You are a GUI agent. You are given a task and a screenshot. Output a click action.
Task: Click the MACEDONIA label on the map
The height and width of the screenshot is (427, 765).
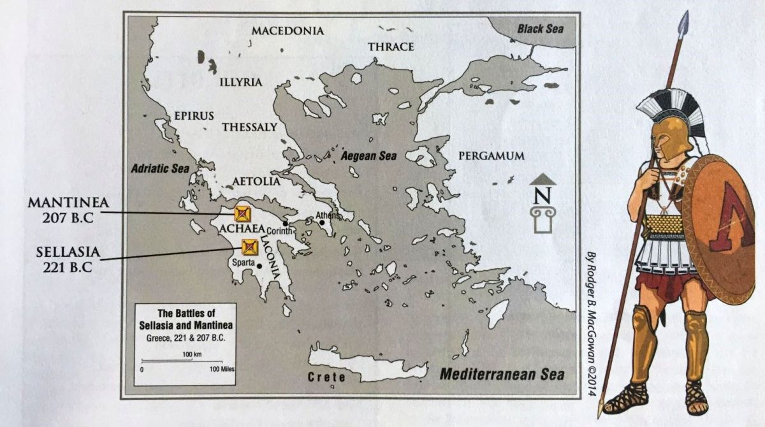coord(288,31)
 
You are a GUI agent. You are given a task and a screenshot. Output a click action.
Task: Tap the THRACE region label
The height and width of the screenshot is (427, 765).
coord(391,47)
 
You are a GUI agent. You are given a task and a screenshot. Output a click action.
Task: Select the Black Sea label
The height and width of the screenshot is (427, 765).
coord(540,29)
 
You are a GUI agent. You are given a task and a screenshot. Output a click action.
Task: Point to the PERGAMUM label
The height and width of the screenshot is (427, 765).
coord(492,156)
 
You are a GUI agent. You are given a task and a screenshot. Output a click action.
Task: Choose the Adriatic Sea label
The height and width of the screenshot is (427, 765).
coord(160,169)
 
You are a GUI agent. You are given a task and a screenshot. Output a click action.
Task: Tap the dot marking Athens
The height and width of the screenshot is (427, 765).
coord(323,222)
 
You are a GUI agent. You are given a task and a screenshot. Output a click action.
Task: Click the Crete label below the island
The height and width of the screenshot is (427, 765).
coord(327,377)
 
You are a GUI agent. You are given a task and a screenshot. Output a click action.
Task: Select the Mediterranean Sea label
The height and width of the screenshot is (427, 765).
coord(503,374)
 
